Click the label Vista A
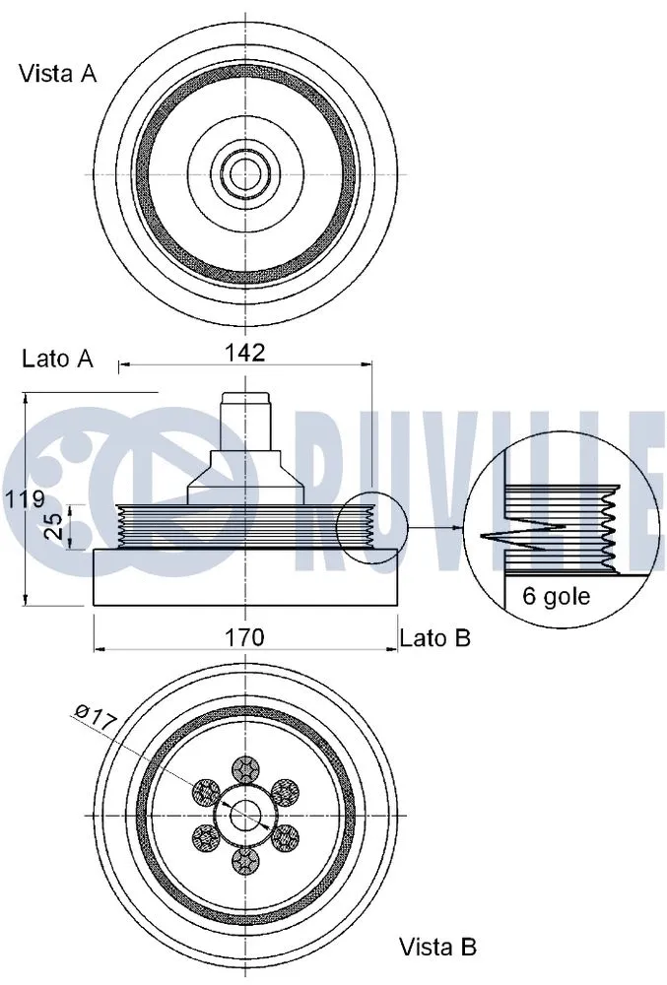[58, 74]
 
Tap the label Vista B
[437, 948]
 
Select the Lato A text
[57, 359]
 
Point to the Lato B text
[434, 638]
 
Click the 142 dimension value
[244, 353]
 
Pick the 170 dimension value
[243, 637]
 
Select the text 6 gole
[556, 596]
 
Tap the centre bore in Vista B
[244, 816]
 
